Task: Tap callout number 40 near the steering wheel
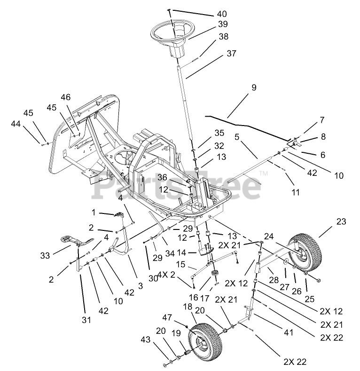click(x=222, y=14)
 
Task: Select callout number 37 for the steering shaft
click(x=231, y=54)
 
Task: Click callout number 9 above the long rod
click(x=254, y=87)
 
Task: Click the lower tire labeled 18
click(x=206, y=340)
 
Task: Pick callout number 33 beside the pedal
click(x=45, y=255)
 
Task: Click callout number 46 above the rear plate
click(x=65, y=97)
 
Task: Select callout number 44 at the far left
click(x=16, y=124)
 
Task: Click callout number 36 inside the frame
click(x=162, y=177)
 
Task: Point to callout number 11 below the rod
click(x=296, y=192)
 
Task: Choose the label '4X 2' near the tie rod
click(x=166, y=275)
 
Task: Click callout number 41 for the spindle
click(x=289, y=332)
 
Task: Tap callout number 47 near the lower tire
click(x=167, y=317)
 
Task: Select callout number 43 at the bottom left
click(x=146, y=339)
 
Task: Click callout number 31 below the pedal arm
click(x=86, y=320)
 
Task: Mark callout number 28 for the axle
click(x=274, y=280)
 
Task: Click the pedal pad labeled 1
click(x=120, y=214)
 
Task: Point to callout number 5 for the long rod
click(x=237, y=137)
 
